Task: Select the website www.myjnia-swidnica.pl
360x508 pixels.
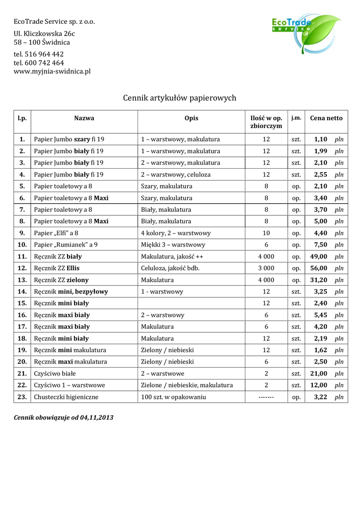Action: click(x=52, y=71)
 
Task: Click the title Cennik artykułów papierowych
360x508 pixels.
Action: click(x=179, y=98)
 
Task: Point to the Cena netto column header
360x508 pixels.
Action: click(x=326, y=118)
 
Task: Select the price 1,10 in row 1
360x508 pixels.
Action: click(x=321, y=139)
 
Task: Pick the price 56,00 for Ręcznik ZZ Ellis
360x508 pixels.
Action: click(x=319, y=268)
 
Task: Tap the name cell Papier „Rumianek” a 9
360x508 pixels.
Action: click(x=66, y=245)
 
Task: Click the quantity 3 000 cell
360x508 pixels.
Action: click(x=266, y=268)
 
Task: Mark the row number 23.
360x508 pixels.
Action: click(x=22, y=397)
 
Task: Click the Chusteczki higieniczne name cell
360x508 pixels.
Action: click(x=66, y=397)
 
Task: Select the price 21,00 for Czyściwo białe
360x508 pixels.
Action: click(x=319, y=374)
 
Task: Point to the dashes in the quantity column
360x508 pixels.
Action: click(x=266, y=397)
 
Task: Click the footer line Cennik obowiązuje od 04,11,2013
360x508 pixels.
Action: click(x=64, y=418)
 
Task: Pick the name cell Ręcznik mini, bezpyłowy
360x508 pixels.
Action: click(x=71, y=292)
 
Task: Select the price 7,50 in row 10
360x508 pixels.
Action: click(x=321, y=245)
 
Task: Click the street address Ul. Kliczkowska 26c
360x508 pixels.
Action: click(x=44, y=34)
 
